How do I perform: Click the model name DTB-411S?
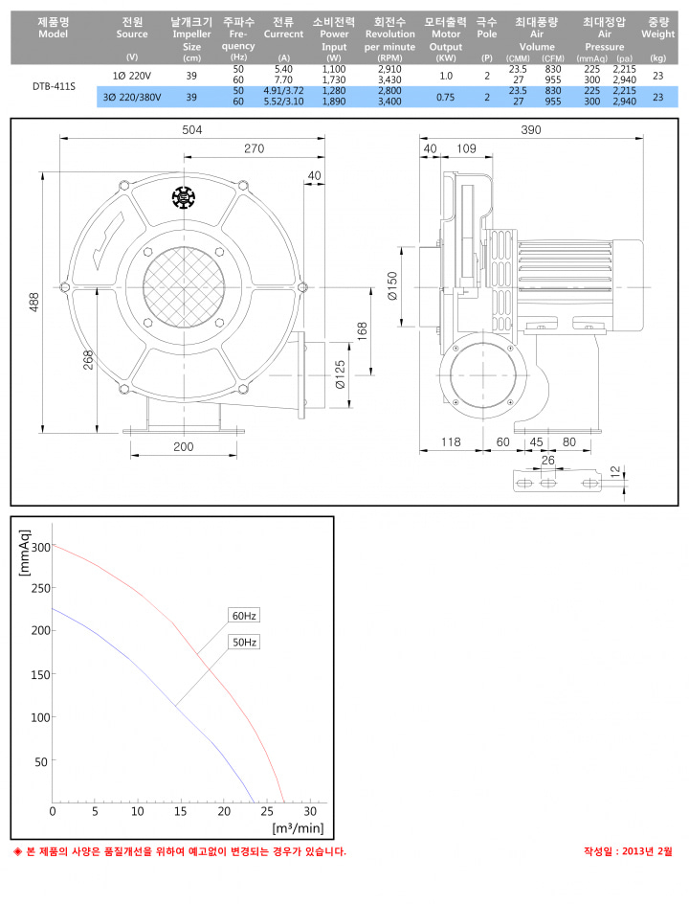[x=54, y=86]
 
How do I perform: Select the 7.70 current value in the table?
[x=283, y=79]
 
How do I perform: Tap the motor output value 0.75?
[x=445, y=97]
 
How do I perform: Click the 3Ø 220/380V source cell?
[x=132, y=97]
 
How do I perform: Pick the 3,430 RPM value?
[x=389, y=79]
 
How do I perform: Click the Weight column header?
[x=657, y=29]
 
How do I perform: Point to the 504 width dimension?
[x=191, y=129]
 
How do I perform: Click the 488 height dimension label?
[x=34, y=302]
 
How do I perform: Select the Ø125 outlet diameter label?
[x=340, y=374]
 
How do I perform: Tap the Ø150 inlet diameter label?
[x=392, y=286]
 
